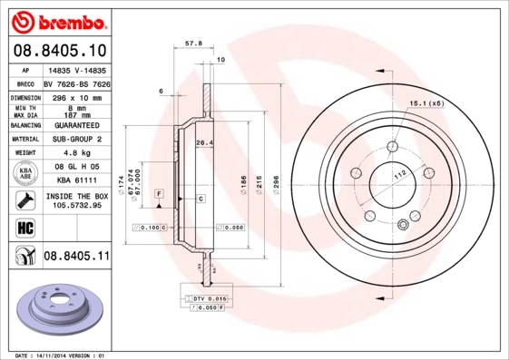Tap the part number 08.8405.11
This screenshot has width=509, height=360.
click(x=76, y=258)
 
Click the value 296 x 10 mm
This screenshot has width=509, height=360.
click(x=75, y=95)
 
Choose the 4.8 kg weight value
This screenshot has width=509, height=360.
click(x=75, y=153)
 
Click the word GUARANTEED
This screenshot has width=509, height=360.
click(x=76, y=125)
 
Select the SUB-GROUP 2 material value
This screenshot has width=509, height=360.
click(x=76, y=139)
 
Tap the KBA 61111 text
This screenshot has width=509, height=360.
click(x=76, y=180)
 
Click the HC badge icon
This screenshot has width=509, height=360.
click(x=22, y=227)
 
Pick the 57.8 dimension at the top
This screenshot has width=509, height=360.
click(x=192, y=42)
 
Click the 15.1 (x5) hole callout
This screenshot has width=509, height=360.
click(x=426, y=104)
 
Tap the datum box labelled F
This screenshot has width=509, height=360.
click(x=158, y=194)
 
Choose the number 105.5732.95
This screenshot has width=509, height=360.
click(x=76, y=206)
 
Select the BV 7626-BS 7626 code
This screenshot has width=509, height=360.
click(x=76, y=82)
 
